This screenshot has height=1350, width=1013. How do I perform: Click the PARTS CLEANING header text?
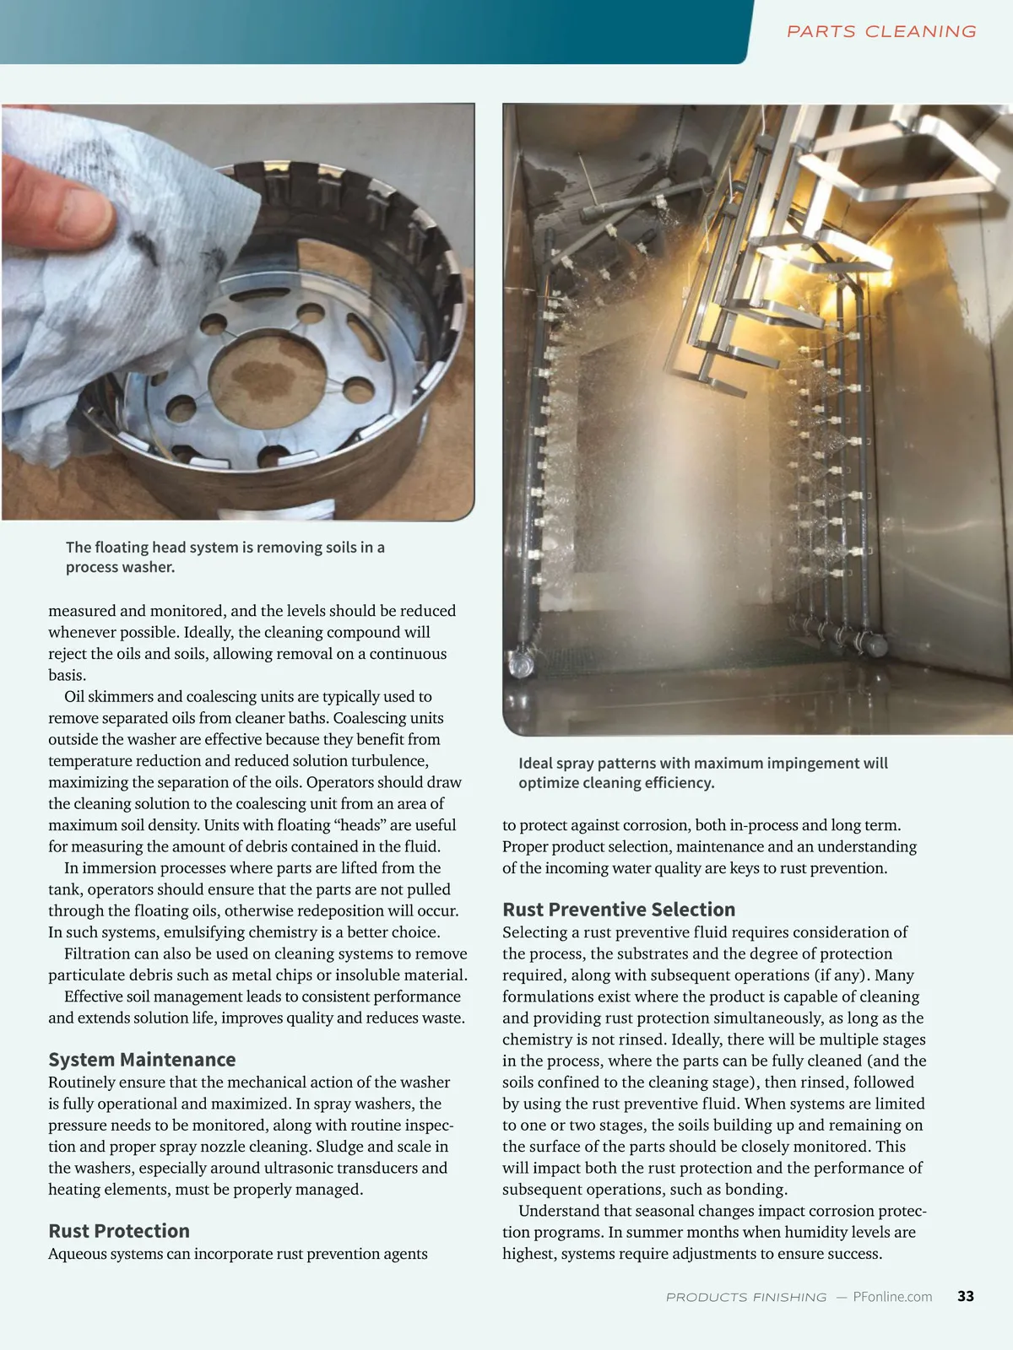pyautogui.click(x=881, y=32)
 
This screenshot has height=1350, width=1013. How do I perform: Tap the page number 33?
pyautogui.click(x=966, y=1296)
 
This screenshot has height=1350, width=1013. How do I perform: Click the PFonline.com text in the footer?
pyautogui.click(x=892, y=1297)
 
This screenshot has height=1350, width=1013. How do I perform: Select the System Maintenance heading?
pyautogui.click(x=142, y=1060)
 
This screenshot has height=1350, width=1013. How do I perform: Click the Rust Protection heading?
pyautogui.click(x=119, y=1231)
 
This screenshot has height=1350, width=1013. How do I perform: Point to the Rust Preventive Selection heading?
pyautogui.click(x=619, y=910)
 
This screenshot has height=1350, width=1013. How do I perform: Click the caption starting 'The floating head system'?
pyautogui.click(x=225, y=557)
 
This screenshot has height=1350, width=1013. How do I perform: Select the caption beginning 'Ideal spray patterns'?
pyautogui.click(x=702, y=773)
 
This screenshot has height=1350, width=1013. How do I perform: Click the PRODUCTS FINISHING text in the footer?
pyautogui.click(x=746, y=1297)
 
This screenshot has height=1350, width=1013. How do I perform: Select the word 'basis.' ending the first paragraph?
pyautogui.click(x=68, y=675)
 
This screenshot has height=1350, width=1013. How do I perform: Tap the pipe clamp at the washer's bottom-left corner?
pyautogui.click(x=522, y=662)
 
